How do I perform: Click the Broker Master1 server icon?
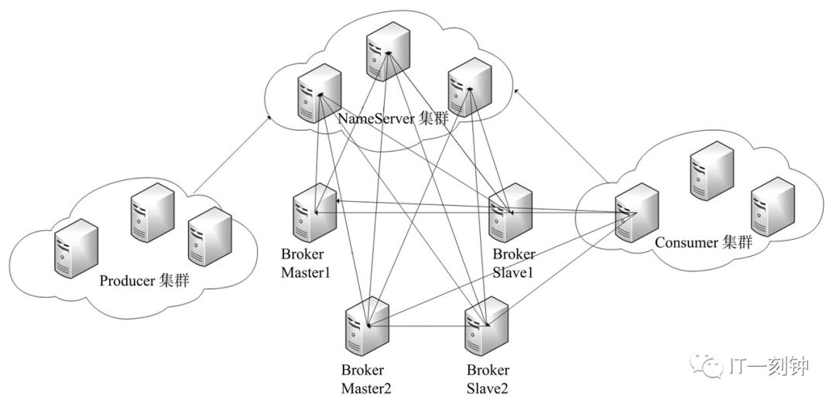pos(314,213)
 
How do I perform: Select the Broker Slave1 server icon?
pos(511,213)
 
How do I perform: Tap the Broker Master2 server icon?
pos(367,326)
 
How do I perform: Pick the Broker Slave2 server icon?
pos(486,326)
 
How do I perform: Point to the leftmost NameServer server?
pos(320,94)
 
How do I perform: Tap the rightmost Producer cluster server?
pos(210,237)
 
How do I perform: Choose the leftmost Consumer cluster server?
pos(636,213)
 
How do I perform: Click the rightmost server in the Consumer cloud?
pos(773,207)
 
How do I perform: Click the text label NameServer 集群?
pos(393,118)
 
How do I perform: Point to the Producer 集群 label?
pos(144,281)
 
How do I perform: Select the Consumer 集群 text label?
pos(703,243)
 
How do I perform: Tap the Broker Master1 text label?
pos(306,263)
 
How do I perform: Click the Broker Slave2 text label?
pos(488,378)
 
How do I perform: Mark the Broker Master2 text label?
pos(366,378)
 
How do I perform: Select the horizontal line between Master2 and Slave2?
pos(427,326)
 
